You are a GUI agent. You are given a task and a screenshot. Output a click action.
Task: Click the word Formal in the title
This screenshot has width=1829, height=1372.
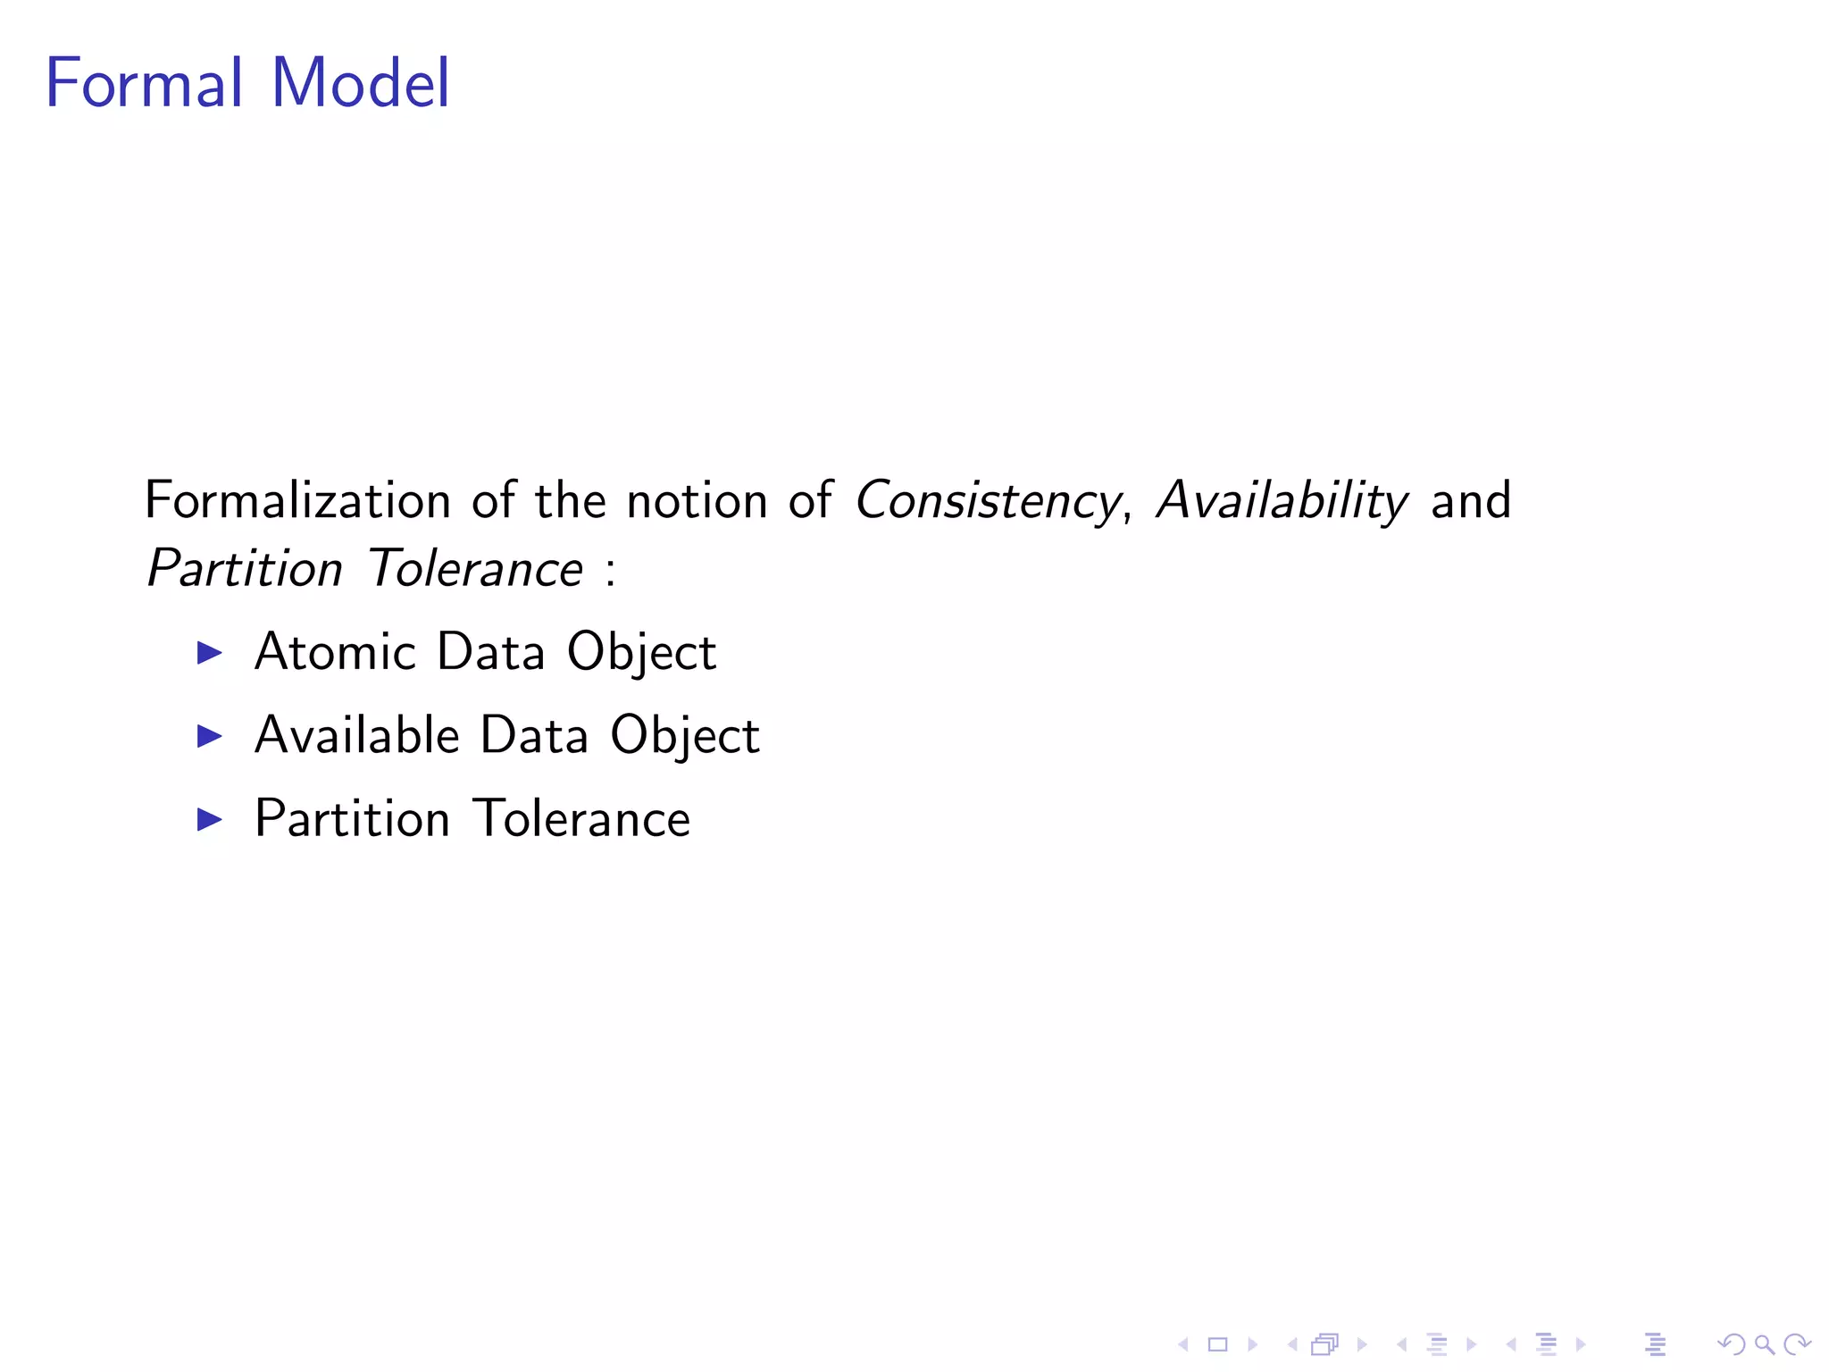coord(143,83)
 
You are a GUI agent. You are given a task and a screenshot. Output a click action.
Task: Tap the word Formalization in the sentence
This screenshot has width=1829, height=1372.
coord(297,500)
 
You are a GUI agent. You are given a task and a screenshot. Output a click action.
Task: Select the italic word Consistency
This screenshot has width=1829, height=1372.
coord(986,500)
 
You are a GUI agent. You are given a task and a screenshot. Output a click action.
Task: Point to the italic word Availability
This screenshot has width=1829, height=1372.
coord(1282,500)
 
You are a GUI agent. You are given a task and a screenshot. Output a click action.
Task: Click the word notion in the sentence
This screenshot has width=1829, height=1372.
coord(697,500)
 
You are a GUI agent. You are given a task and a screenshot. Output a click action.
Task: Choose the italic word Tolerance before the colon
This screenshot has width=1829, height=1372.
coord(475,569)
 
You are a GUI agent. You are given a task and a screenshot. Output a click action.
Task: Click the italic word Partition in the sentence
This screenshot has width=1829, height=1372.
coord(245,569)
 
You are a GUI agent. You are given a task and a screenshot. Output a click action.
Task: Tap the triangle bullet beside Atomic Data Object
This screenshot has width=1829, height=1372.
coord(209,652)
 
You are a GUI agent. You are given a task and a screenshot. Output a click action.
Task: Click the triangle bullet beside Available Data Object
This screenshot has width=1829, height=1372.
coord(209,736)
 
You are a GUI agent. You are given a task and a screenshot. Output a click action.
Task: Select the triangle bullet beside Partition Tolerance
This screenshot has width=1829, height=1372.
coord(209,819)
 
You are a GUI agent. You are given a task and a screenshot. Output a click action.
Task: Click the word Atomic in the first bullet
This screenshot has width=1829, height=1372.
coord(335,651)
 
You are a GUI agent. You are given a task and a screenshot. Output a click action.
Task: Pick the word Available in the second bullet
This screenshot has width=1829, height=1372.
coord(356,735)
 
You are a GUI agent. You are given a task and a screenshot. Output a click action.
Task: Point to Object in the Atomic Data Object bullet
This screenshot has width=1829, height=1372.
coord(641,653)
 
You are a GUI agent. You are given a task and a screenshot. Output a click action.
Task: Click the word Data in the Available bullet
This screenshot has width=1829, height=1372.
coord(534,735)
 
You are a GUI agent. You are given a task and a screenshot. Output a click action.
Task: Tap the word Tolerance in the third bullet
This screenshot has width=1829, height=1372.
coord(581,818)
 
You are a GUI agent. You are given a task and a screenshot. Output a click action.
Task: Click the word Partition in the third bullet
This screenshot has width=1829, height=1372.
coord(352,818)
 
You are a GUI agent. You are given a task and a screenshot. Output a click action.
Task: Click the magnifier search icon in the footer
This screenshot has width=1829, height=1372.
coord(1764,1343)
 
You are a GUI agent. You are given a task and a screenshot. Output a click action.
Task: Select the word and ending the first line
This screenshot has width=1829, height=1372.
coord(1471,500)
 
